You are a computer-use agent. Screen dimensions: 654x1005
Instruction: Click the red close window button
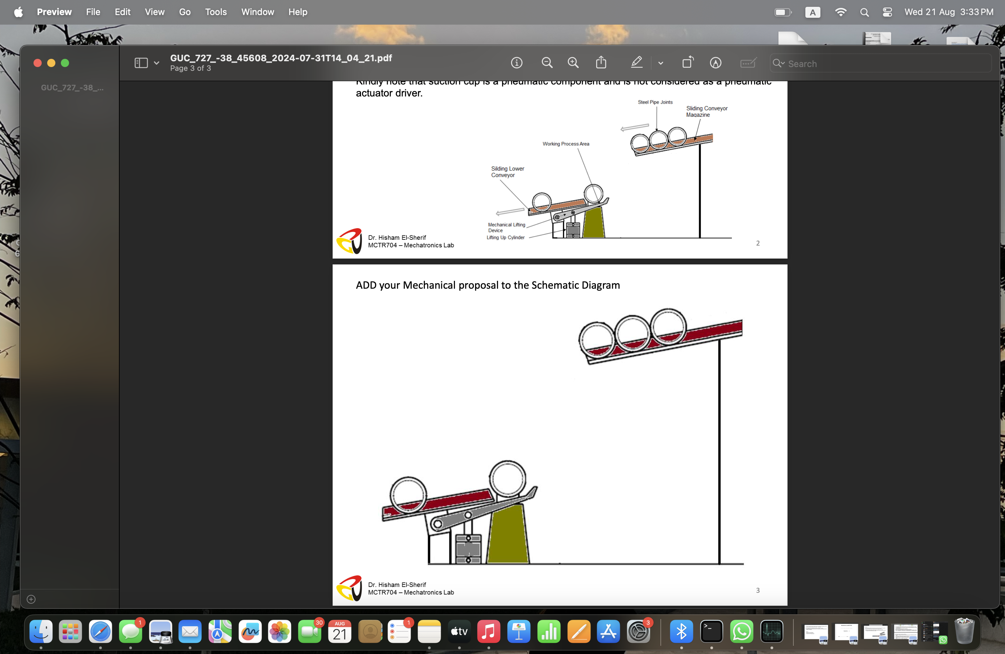click(38, 63)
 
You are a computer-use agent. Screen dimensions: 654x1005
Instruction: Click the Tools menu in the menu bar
click(216, 12)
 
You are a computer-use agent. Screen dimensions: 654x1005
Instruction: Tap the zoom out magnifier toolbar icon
click(547, 63)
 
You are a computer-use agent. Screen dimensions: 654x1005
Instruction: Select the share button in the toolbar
click(601, 63)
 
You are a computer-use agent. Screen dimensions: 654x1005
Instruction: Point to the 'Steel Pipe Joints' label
click(655, 102)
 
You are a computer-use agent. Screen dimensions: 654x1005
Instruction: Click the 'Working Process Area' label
click(566, 144)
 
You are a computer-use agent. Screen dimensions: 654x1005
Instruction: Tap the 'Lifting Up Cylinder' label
click(506, 238)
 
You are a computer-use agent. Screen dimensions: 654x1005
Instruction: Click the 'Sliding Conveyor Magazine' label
click(707, 112)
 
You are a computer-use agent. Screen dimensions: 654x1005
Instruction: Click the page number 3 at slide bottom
click(758, 590)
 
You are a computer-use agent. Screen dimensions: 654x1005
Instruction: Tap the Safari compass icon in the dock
click(100, 632)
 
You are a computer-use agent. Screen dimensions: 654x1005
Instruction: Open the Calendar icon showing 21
click(339, 632)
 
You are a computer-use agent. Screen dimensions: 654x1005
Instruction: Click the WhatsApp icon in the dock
click(741, 632)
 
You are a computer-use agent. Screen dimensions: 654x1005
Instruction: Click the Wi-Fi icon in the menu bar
click(840, 12)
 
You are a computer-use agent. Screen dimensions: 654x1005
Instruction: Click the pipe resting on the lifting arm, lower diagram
click(507, 479)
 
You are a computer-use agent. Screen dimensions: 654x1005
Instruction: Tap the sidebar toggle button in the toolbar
click(141, 63)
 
